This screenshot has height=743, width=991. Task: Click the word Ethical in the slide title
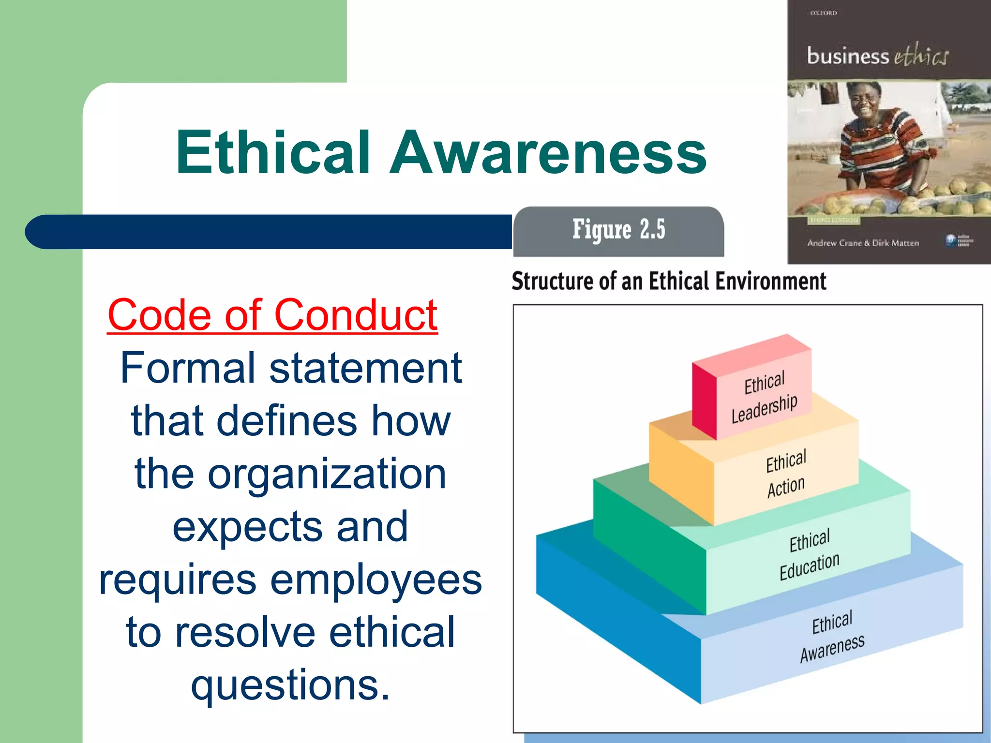tap(273, 152)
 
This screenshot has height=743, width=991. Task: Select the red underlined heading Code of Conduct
tap(273, 315)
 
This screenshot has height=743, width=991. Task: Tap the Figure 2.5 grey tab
tap(618, 231)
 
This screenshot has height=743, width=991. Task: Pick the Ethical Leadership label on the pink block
tap(764, 397)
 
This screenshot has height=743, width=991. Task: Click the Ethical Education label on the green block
tap(810, 554)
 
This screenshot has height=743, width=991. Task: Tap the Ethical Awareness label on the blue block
tap(832, 637)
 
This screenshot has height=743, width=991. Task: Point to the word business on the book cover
tap(848, 57)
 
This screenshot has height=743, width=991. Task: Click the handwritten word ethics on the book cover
tap(921, 56)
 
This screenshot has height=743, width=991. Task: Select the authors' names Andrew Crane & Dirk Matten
tap(863, 243)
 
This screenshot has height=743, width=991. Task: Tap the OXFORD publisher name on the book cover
tap(824, 13)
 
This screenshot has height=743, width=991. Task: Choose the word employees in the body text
tap(376, 580)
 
